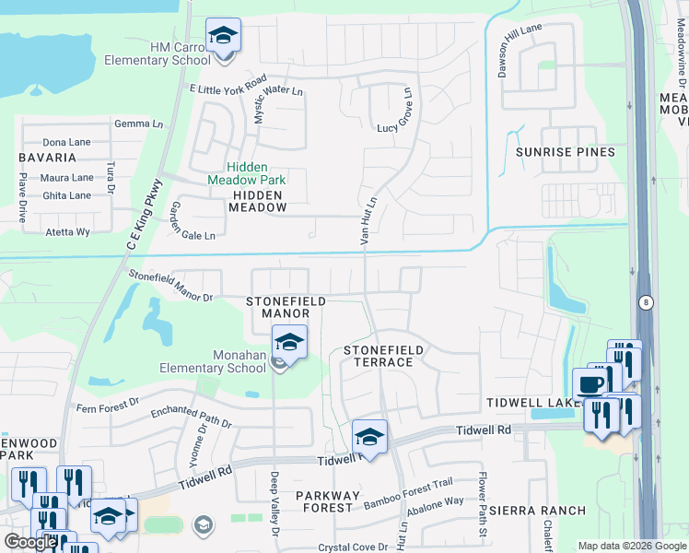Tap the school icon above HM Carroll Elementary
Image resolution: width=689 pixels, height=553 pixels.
223,36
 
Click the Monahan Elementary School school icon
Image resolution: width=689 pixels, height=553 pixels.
290,344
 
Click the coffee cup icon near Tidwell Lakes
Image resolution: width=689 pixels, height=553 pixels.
590,384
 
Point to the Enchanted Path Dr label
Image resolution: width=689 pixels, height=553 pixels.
192,416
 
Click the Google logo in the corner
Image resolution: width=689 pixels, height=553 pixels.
30,542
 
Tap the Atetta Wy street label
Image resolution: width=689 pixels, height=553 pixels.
68,232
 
